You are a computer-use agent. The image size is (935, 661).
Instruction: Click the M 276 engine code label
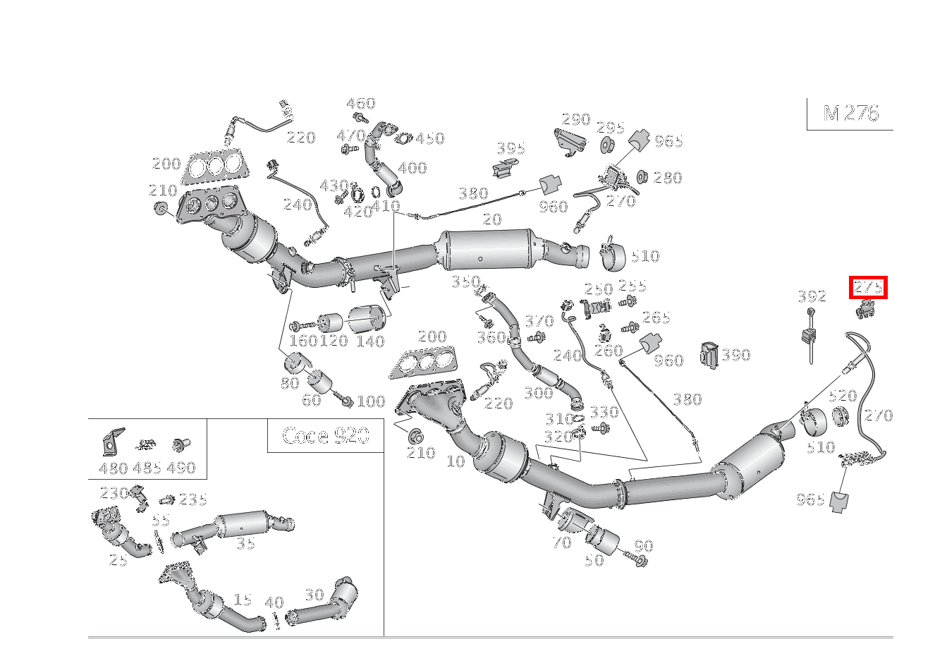850,114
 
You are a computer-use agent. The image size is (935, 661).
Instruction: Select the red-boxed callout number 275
868,287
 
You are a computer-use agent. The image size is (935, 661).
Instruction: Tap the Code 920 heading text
325,435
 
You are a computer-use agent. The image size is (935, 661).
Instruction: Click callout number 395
511,148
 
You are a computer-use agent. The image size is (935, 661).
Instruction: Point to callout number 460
360,104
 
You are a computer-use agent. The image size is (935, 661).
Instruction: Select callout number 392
812,297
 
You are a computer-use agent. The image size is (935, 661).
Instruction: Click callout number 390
735,355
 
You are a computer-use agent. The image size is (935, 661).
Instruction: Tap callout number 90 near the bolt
644,545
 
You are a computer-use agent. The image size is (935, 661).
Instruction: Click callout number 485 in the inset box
147,468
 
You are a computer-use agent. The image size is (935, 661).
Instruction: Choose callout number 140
370,341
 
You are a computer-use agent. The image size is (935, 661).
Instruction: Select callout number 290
575,119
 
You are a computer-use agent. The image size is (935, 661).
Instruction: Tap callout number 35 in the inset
245,543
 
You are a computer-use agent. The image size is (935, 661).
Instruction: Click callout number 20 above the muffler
492,219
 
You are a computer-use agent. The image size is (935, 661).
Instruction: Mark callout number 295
611,128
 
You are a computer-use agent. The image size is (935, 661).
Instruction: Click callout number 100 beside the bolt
371,401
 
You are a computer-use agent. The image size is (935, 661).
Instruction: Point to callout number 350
465,281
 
